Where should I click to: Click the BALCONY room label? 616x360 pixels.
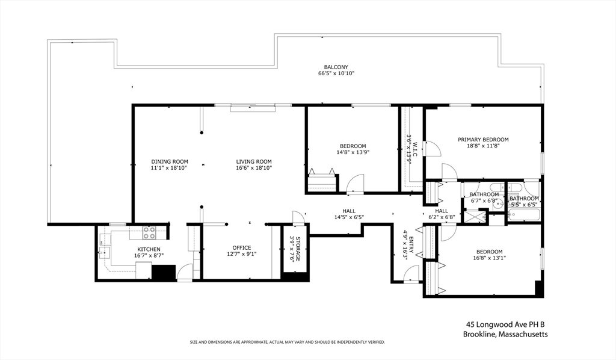(336, 67)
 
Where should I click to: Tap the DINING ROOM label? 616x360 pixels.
(170, 161)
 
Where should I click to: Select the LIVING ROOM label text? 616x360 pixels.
(254, 161)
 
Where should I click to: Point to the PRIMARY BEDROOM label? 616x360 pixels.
(483, 140)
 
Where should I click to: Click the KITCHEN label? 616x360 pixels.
(149, 249)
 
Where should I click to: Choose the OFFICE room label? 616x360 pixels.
(242, 247)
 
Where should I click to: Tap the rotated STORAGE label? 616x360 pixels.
(298, 249)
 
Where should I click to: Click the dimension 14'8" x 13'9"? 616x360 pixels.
(353, 152)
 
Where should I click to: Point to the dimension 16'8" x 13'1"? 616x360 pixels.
(489, 258)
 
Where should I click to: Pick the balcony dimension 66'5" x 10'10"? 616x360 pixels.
(336, 73)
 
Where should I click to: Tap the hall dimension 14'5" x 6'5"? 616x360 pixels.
(349, 217)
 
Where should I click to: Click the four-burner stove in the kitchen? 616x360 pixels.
(149, 232)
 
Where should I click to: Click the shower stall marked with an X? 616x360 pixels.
(475, 217)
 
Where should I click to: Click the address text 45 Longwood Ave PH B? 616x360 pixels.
(505, 324)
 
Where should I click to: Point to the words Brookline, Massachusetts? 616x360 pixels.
(505, 335)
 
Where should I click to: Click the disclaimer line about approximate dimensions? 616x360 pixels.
(287, 343)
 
